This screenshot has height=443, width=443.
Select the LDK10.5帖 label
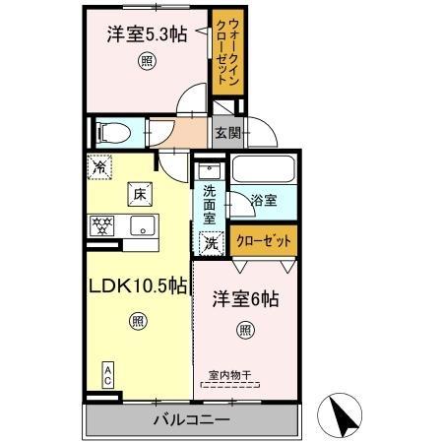coord(137,286)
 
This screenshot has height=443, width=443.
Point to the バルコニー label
coord(192,420)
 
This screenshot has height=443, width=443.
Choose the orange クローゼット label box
coord(263,239)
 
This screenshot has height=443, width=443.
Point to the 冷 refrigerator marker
coord(99,168)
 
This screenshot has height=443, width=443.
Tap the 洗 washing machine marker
coord(212,242)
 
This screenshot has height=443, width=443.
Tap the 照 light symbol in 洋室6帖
coord(243,331)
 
